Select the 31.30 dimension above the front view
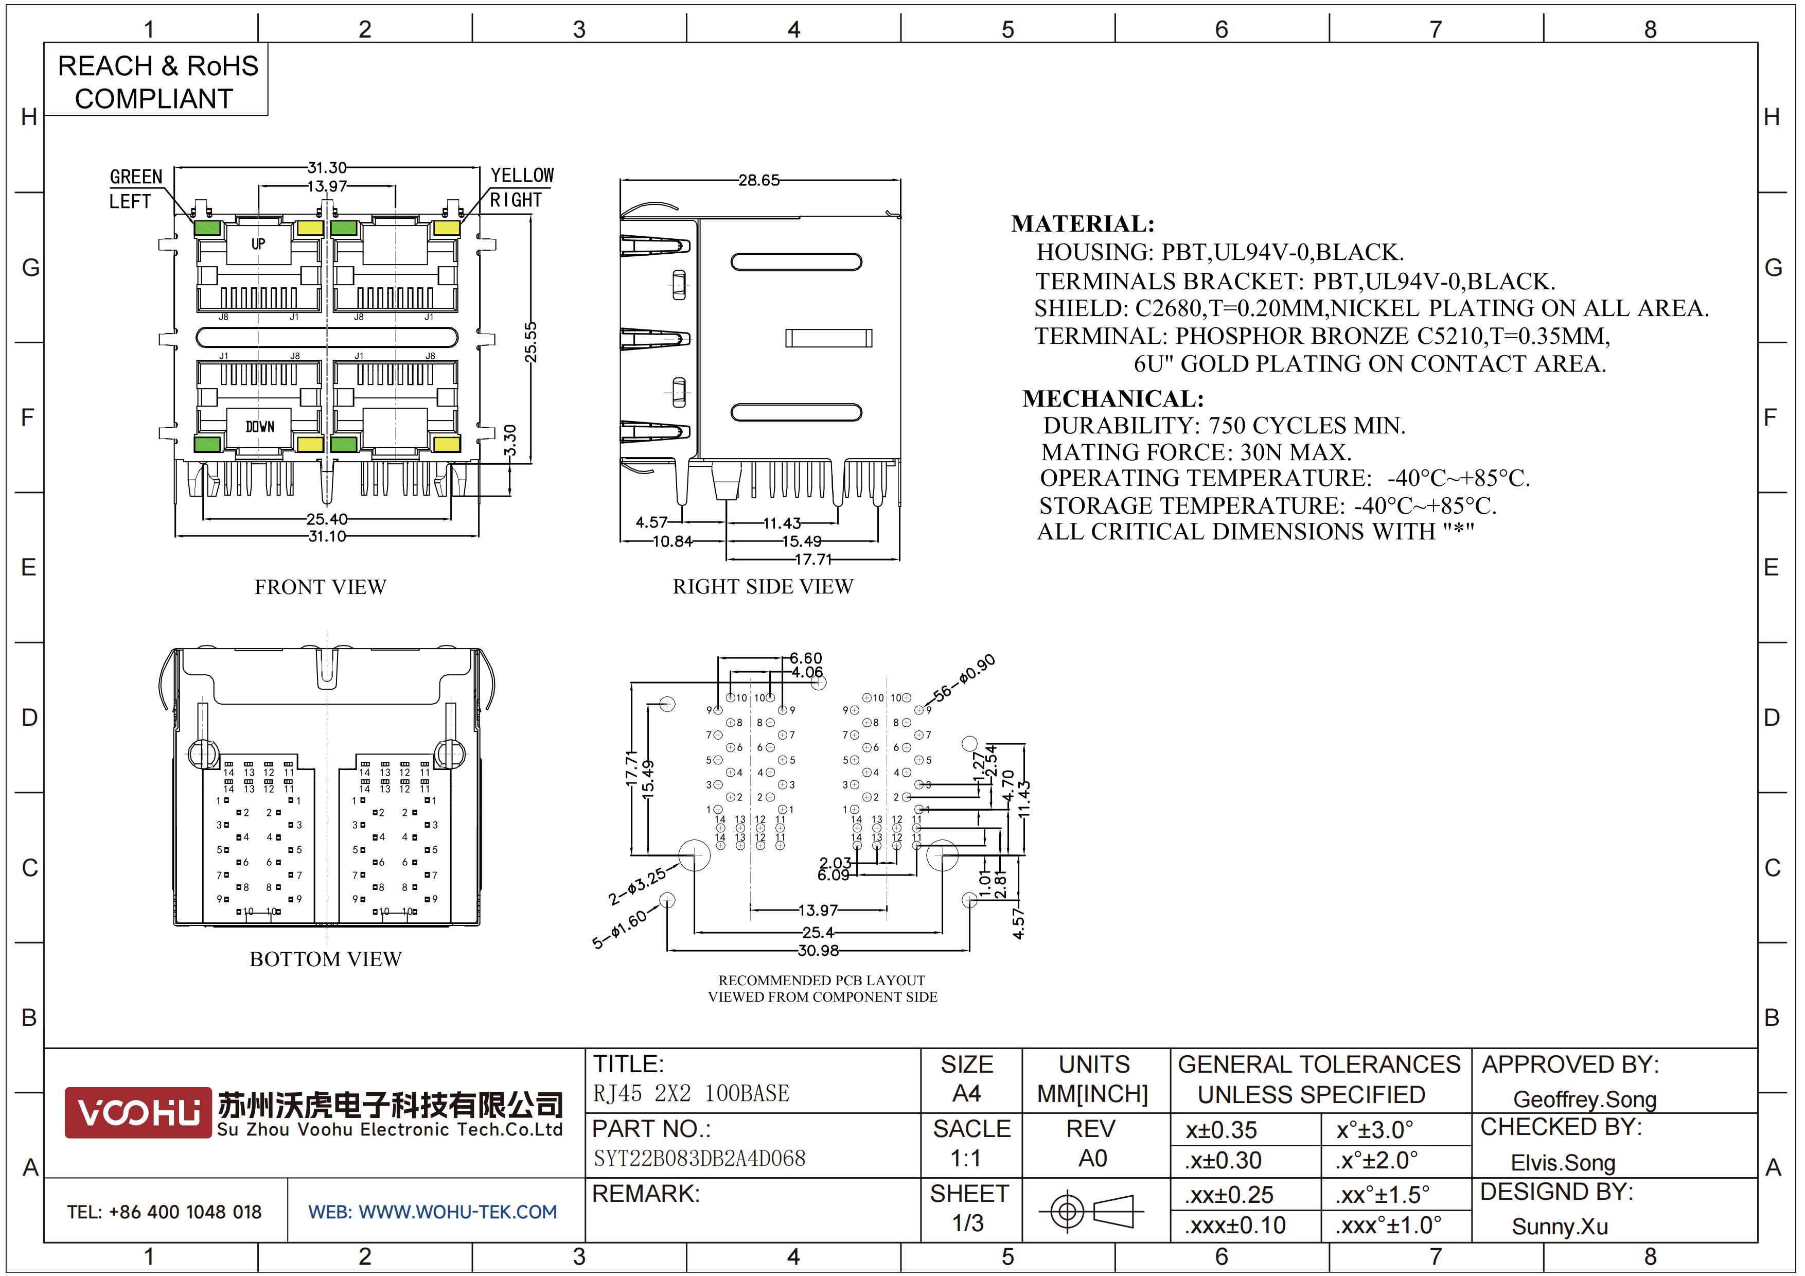coord(326,167)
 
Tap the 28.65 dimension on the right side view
coord(758,180)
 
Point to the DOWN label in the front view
coord(259,426)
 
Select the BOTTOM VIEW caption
coord(326,958)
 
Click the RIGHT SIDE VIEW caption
coord(763,586)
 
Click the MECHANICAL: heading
coord(1112,398)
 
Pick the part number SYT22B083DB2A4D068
coord(699,1158)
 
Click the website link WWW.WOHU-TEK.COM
coord(457,1212)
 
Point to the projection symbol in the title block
coord(1091,1211)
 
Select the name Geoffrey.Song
coord(1584,1099)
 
